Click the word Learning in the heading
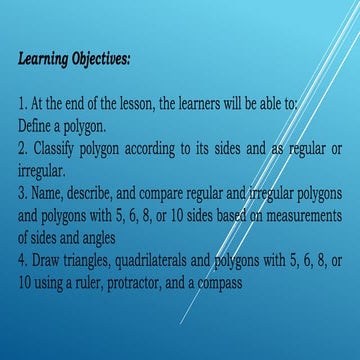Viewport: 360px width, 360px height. (42, 58)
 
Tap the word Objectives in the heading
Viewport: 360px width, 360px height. (100, 58)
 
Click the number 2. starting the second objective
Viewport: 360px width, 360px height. (23, 146)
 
